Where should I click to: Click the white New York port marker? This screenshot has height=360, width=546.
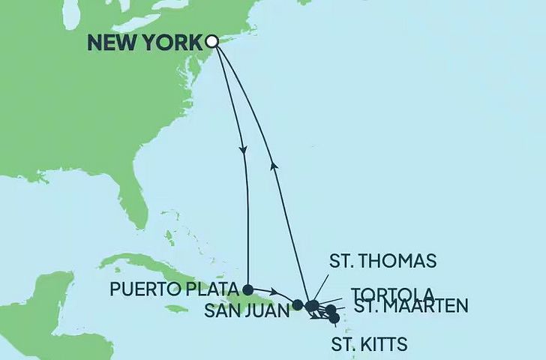pyautogui.click(x=212, y=42)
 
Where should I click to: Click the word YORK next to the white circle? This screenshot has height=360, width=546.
pyautogui.click(x=173, y=43)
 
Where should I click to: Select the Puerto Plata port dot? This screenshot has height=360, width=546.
pyautogui.click(x=247, y=288)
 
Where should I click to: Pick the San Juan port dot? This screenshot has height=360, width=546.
pyautogui.click(x=298, y=304)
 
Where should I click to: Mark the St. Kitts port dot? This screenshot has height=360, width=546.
pyautogui.click(x=334, y=319)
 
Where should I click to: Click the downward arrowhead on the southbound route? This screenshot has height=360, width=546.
pyautogui.click(x=244, y=152)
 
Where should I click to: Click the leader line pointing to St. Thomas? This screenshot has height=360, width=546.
pyautogui.click(x=319, y=289)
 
